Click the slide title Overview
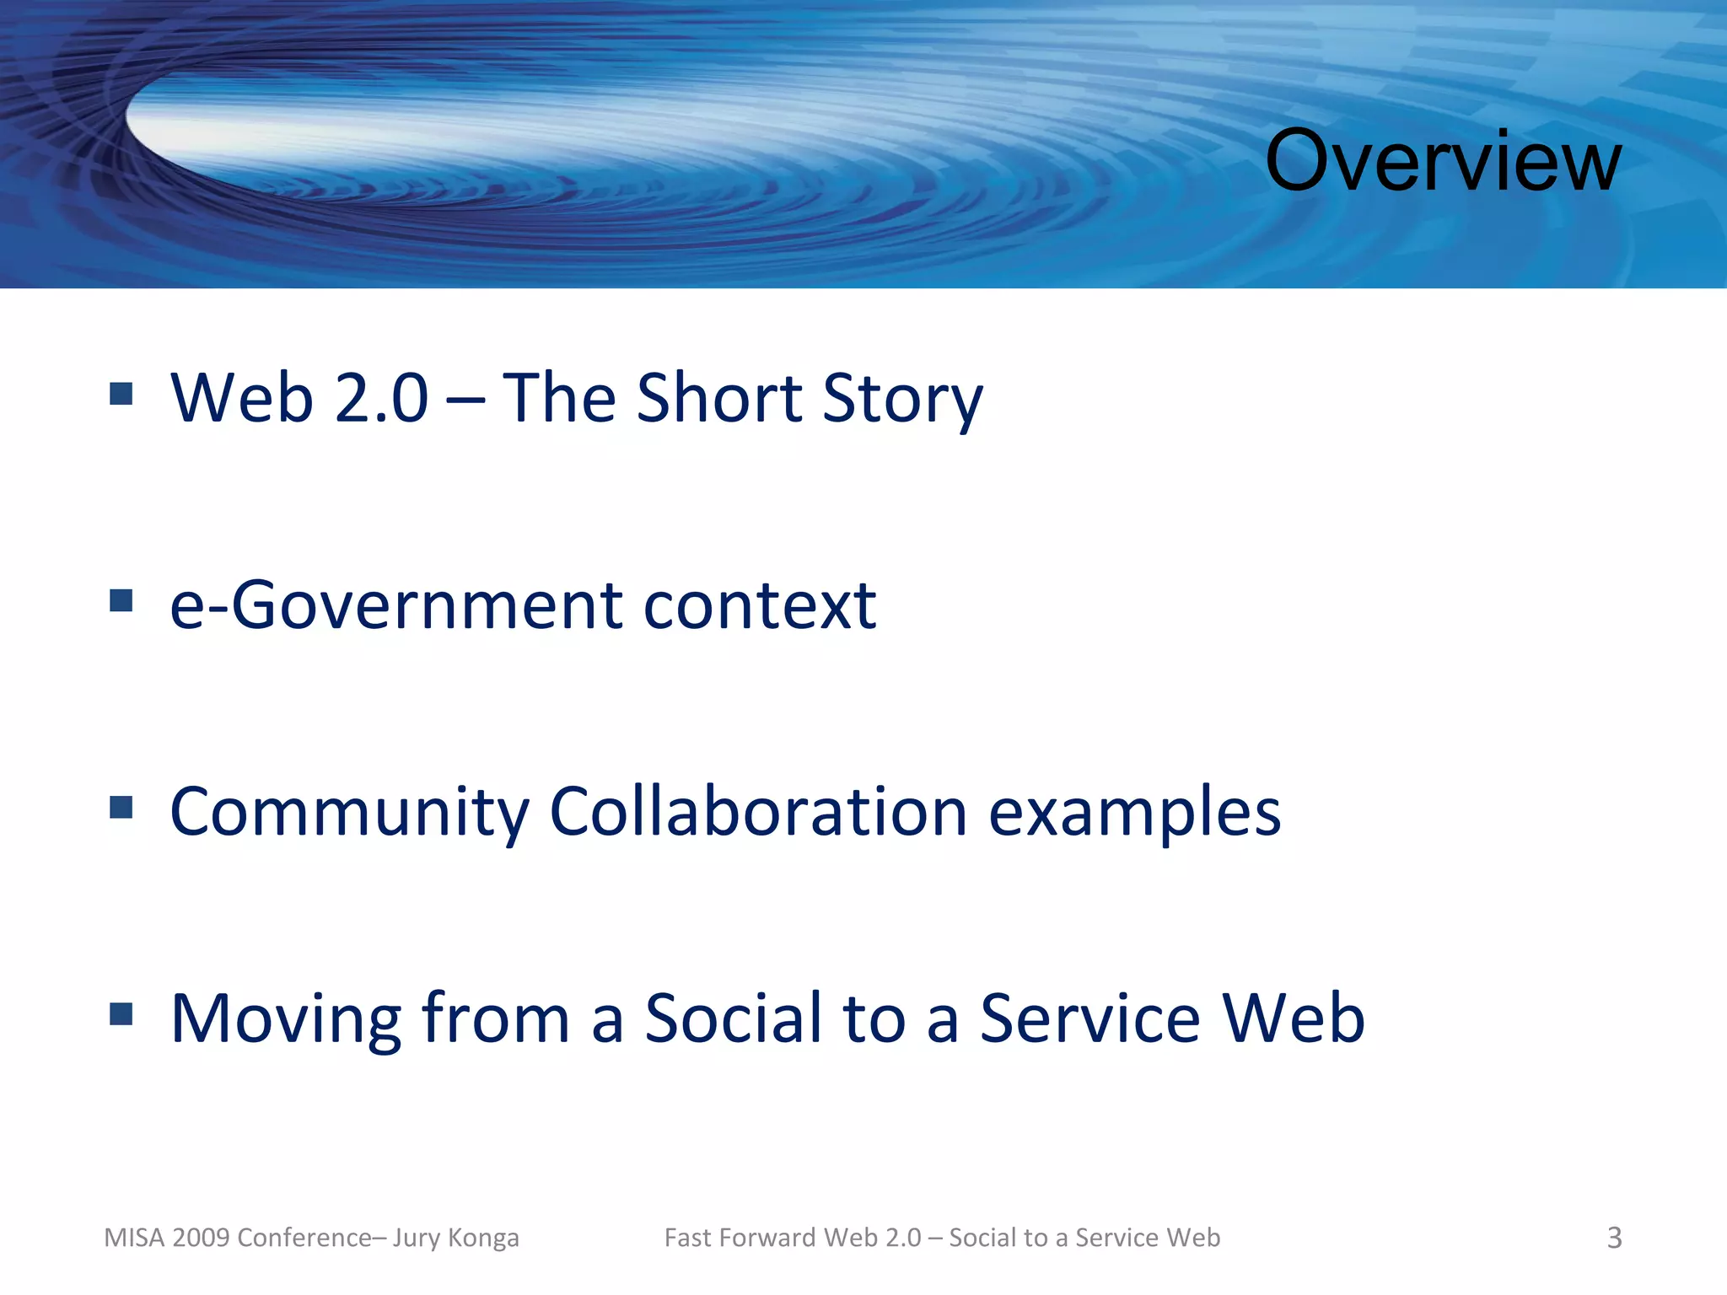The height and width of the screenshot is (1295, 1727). [1442, 161]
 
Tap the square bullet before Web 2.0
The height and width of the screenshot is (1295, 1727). [121, 394]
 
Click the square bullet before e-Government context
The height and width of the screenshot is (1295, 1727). [121, 600]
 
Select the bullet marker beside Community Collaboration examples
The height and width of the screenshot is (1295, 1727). [121, 808]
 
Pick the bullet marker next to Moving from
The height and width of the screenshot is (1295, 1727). [121, 1013]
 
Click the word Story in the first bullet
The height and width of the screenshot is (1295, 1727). [901, 399]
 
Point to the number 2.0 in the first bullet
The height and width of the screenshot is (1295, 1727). [381, 399]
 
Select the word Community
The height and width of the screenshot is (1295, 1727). [348, 813]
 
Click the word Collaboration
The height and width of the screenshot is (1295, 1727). [758, 811]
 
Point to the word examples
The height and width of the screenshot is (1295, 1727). [1134, 813]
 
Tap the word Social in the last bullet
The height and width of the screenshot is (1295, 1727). [733, 1018]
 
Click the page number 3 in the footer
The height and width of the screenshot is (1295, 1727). [1614, 1238]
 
